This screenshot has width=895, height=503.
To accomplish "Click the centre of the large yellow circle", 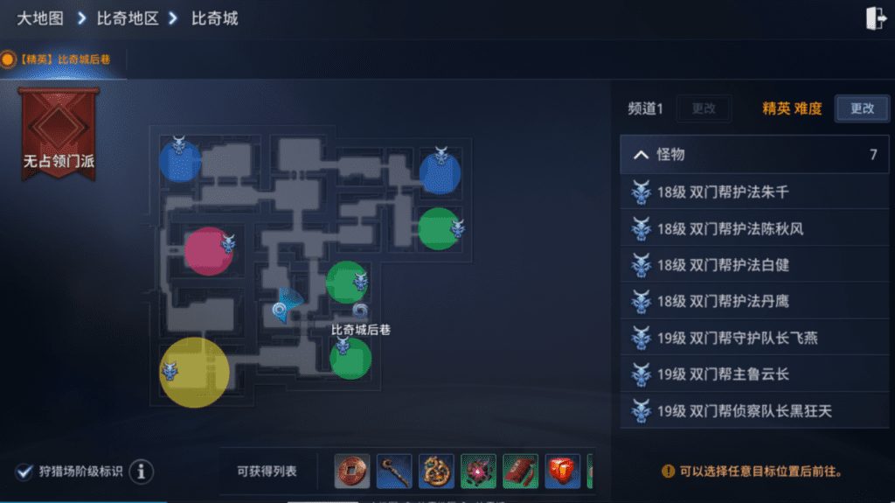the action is pos(194,372).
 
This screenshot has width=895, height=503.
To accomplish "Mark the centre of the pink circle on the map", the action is pos(208,252).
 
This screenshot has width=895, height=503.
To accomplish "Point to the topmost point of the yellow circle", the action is pos(194,338).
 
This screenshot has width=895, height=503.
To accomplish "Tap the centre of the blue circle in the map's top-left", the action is pos(180,161).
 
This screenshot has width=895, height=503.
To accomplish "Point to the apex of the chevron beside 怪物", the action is pos(641,150).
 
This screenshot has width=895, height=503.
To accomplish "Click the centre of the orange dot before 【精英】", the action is pos(8,59).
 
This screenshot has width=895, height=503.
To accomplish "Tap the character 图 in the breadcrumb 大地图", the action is pos(55,18).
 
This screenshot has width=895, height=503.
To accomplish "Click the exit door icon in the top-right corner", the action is pos(876,18).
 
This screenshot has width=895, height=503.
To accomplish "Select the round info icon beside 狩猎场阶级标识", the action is pos(141,472).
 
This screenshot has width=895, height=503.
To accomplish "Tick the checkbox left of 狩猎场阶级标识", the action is pos(24,472).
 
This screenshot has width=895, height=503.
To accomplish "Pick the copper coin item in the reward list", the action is pos(351,471).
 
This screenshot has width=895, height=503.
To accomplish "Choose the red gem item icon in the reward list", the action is pos(562,471).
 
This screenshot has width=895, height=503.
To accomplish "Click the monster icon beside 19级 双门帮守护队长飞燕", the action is pos(641,338).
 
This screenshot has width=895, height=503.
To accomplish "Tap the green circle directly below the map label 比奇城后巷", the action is pos(350,359).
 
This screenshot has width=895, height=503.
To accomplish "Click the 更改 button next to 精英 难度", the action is pos(862,108).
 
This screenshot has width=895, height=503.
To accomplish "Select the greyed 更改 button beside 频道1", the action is pos(704,108).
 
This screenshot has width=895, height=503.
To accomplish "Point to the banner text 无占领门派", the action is pos(59,161).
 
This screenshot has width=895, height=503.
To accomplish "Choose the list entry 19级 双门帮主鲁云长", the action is pos(723,374).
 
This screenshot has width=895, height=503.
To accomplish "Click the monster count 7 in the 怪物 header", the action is pos(873,154).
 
